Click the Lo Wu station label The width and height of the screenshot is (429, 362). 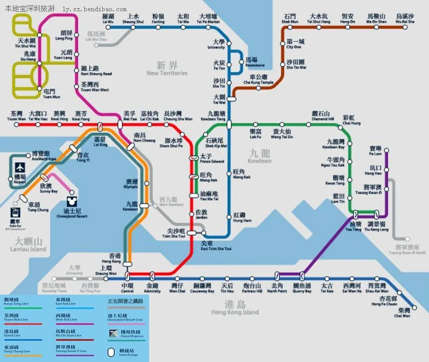tap(108, 19)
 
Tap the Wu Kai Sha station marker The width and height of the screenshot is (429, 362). tap(405, 29)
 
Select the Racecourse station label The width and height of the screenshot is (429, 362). tap(255, 62)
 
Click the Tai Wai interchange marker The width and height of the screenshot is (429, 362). tap(231, 99)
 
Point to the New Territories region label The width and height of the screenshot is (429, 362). tap(167, 68)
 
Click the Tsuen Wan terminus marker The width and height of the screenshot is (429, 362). tap(16, 125)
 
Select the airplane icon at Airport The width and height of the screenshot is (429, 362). tap(20, 167)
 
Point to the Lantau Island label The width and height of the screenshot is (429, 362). tap(28, 245)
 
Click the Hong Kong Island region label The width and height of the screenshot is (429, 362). tap(235, 308)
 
